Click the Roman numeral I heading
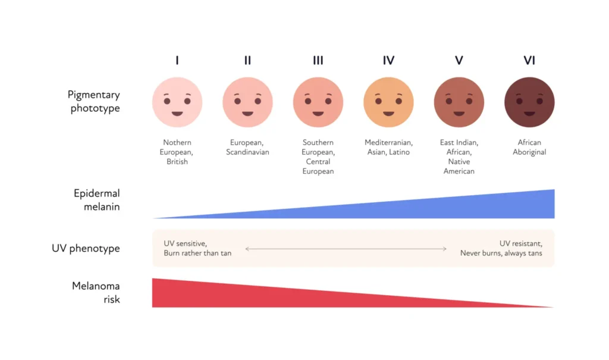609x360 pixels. pyautogui.click(x=177, y=60)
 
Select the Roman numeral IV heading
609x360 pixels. pyautogui.click(x=388, y=60)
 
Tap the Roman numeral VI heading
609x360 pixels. pyautogui.click(x=529, y=60)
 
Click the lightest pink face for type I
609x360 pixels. pyautogui.click(x=177, y=102)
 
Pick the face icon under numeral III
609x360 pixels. pyautogui.click(x=318, y=102)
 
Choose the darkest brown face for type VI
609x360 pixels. pyautogui.click(x=529, y=102)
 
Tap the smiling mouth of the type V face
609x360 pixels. pyautogui.click(x=459, y=113)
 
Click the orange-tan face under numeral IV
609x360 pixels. pyautogui.click(x=388, y=102)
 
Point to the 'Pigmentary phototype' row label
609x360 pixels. pyautogui.click(x=94, y=101)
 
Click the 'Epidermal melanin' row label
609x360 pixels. pyautogui.click(x=97, y=200)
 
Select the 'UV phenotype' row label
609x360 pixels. pyautogui.click(x=86, y=248)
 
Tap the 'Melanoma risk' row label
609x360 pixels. pyautogui.click(x=96, y=292)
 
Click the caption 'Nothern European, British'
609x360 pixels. pyautogui.click(x=177, y=152)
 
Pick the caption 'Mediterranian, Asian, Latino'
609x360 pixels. pyautogui.click(x=388, y=147)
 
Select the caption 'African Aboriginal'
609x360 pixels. pyautogui.click(x=529, y=147)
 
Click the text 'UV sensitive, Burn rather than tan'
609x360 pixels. pyautogui.click(x=197, y=248)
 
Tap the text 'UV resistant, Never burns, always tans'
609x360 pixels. pyautogui.click(x=501, y=248)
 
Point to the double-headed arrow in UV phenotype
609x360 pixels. pyautogui.click(x=346, y=249)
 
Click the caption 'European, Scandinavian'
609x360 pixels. pyautogui.click(x=247, y=147)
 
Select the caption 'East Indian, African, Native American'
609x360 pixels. pyautogui.click(x=459, y=156)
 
